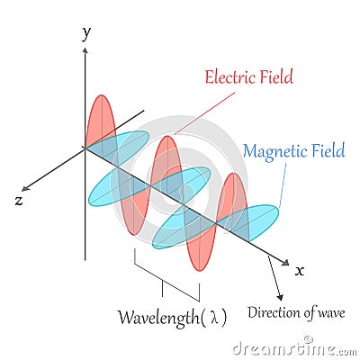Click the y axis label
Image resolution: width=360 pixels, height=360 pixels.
(x=86, y=34)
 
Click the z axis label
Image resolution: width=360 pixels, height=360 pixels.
(x=19, y=200)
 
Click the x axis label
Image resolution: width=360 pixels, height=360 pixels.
(x=300, y=269)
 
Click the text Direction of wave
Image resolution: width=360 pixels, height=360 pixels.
(x=296, y=313)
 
